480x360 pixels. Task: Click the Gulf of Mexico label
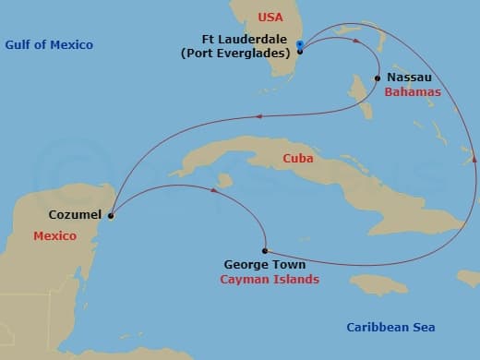[49, 45]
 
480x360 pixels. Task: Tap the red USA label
[270, 18]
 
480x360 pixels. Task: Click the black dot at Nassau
[378, 78]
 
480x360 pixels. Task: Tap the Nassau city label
[409, 78]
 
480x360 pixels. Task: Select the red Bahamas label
[413, 92]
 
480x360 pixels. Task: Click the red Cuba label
[298, 159]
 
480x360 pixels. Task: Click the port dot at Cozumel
[111, 218]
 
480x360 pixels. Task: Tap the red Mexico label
[54, 236]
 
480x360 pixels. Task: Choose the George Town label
[266, 263]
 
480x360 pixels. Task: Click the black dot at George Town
[265, 250]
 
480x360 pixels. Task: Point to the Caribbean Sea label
[390, 328]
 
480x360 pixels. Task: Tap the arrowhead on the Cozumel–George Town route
[215, 191]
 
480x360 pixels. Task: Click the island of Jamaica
[378, 282]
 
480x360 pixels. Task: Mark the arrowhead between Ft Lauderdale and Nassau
[353, 39]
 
